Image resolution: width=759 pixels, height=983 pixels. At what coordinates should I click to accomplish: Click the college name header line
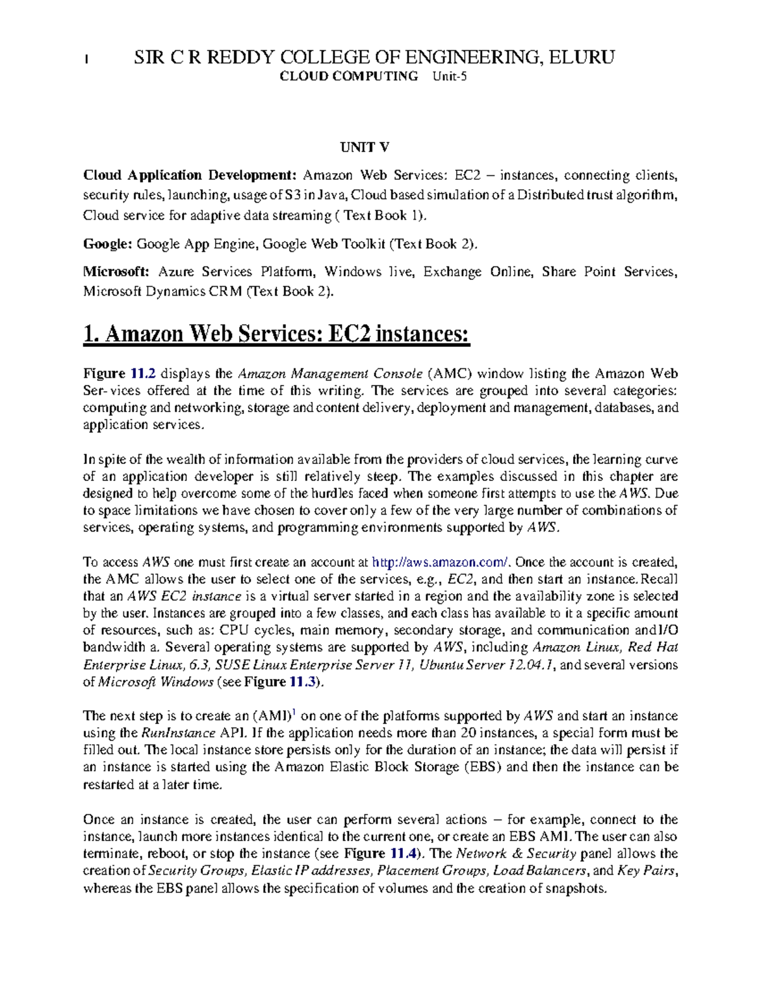(x=374, y=58)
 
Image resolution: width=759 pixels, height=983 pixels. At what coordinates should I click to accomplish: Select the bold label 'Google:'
(x=108, y=244)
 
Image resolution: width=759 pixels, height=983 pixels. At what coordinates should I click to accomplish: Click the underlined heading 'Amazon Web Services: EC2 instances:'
(x=276, y=334)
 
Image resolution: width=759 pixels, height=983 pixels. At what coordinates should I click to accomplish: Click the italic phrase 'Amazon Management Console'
(x=330, y=373)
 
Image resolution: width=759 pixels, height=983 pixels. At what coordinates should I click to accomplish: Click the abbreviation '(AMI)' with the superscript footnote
(x=274, y=716)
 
